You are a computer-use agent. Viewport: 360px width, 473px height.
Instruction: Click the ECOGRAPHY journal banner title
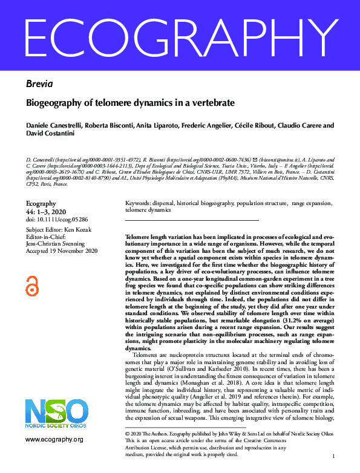point(180,37)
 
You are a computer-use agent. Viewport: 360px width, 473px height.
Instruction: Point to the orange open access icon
point(32,285)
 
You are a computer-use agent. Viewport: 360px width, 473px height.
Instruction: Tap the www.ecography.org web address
point(54,439)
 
